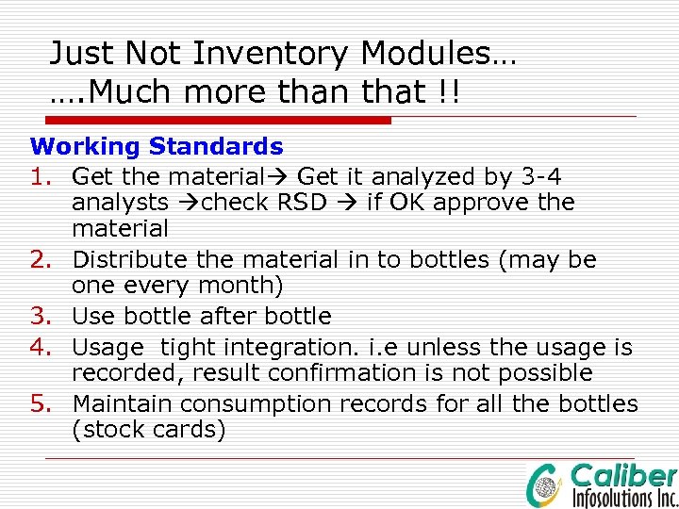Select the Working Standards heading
coord(157,146)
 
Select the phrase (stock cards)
coord(148,430)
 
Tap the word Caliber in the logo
coord(623,476)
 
